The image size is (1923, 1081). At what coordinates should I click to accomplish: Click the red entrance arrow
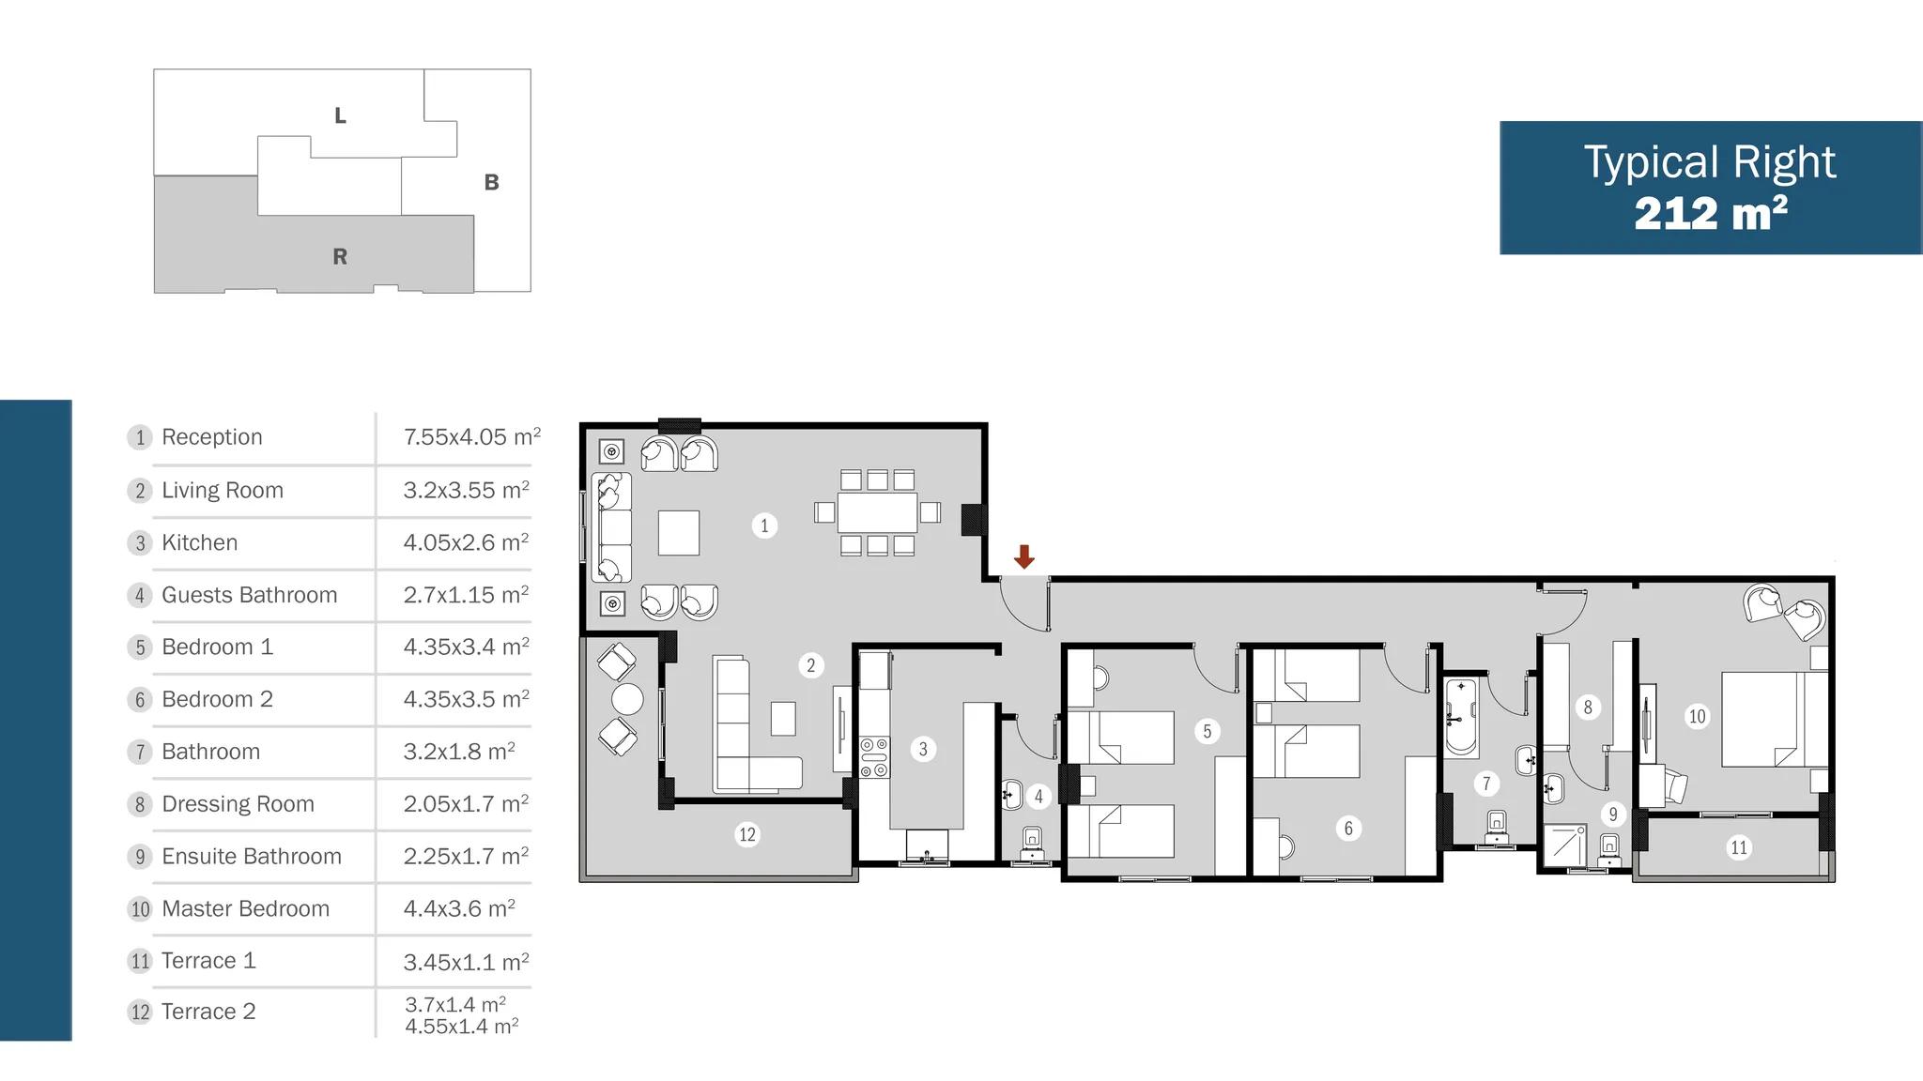click(x=1023, y=556)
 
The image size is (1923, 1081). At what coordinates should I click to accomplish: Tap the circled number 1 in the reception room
click(x=764, y=525)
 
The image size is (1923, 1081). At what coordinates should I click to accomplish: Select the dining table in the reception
click(x=877, y=512)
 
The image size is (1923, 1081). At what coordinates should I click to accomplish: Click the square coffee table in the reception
click(x=679, y=533)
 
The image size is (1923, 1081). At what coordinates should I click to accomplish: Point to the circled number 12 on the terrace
click(x=747, y=834)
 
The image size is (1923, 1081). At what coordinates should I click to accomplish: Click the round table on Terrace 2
click(x=627, y=699)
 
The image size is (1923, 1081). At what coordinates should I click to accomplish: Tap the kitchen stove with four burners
click(x=874, y=757)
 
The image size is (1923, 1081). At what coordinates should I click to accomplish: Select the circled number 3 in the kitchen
click(x=923, y=749)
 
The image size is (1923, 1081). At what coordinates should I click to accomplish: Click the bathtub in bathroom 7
click(x=1461, y=718)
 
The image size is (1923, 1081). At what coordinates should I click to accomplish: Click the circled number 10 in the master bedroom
click(x=1697, y=717)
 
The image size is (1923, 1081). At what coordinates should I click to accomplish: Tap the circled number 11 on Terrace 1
click(x=1739, y=847)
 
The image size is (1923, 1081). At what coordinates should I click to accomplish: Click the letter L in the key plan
click(x=340, y=115)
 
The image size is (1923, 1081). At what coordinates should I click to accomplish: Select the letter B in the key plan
click(x=491, y=182)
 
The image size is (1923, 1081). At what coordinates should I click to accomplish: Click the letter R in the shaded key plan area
click(x=340, y=256)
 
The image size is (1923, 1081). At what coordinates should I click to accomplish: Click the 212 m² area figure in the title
click(x=1711, y=214)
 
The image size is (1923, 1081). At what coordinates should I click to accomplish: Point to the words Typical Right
click(x=1710, y=163)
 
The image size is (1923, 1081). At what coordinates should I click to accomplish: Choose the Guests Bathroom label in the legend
click(x=250, y=595)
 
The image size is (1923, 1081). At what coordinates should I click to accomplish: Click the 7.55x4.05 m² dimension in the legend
click(x=472, y=436)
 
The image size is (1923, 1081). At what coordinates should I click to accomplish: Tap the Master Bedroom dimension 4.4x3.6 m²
click(x=459, y=908)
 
